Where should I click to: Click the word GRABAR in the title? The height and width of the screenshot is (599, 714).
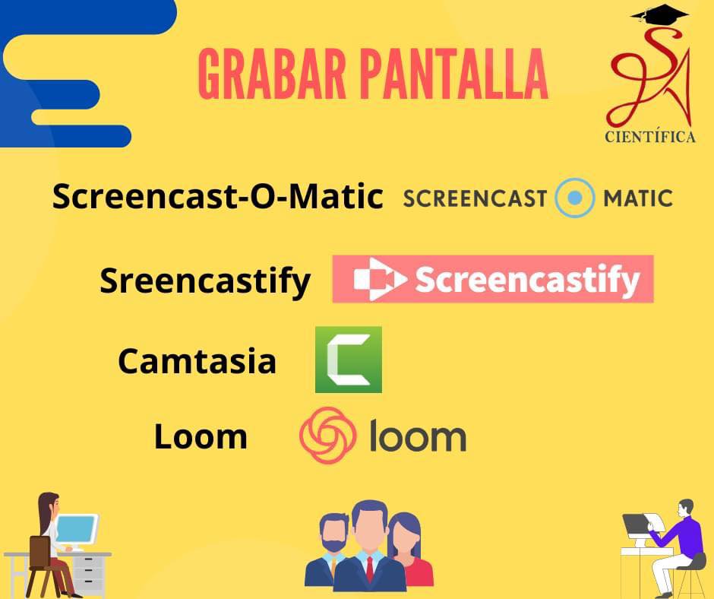[x=272, y=74]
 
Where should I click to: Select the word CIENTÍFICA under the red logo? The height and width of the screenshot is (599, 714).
[x=649, y=137]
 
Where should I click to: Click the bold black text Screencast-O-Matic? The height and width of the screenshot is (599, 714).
[x=218, y=196]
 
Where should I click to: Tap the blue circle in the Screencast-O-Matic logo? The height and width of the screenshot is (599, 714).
[x=575, y=198]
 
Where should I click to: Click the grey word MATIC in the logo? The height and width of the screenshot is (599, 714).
[x=637, y=198]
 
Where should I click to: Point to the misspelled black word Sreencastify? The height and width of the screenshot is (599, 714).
[x=205, y=281]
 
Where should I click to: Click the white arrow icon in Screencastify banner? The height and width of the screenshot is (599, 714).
[x=379, y=279]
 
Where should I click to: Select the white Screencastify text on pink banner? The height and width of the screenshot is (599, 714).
[x=528, y=280]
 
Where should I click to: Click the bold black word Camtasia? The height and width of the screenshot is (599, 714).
[x=197, y=361]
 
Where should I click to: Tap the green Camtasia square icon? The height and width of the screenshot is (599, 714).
[x=349, y=360]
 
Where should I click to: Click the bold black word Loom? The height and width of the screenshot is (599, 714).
[x=201, y=437]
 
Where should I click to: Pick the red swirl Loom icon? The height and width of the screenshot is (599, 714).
[x=327, y=436]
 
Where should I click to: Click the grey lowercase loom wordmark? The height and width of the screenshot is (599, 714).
[x=418, y=436]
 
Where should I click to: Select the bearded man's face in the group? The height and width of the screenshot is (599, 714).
[x=333, y=534]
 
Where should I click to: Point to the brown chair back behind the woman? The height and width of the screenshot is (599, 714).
[x=39, y=552]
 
